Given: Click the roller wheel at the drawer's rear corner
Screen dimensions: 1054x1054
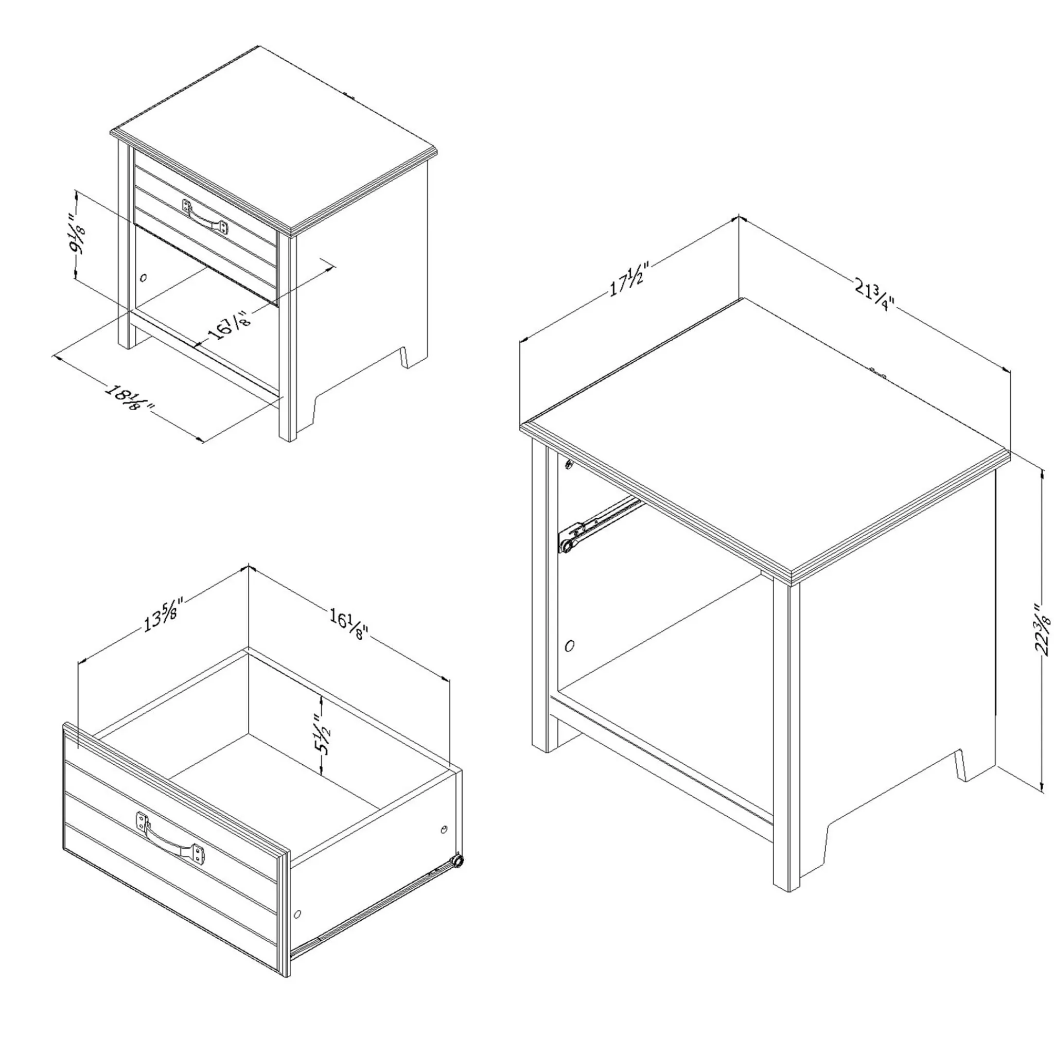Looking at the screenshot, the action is pos(457,862).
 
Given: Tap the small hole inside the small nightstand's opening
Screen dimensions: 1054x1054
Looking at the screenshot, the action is pos(144,277).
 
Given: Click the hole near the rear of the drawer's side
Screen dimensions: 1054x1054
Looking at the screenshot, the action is pos(443,830).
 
